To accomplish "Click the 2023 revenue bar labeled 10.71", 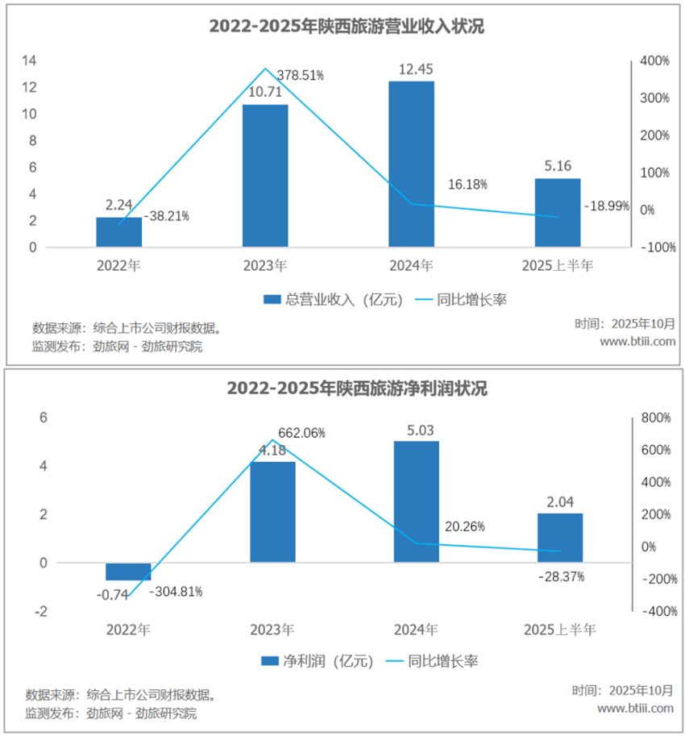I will tap(265, 175).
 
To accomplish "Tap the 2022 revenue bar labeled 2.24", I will tap(118, 232).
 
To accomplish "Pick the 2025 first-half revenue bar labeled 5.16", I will tap(558, 213).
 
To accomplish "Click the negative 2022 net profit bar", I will tap(128, 572).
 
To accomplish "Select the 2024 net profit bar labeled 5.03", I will tap(416, 501).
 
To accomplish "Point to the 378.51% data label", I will tap(301, 75).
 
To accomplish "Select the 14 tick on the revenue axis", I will tap(29, 60).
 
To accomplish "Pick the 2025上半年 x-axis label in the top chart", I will tap(558, 266).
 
